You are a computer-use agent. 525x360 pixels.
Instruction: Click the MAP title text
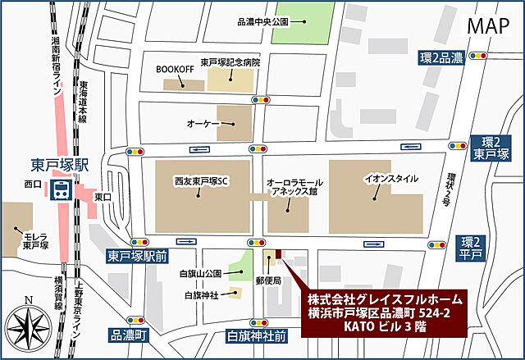pos(489,25)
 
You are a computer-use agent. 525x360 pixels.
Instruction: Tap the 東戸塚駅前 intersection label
pos(138,257)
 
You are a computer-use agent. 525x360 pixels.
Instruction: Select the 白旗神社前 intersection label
pos(257,336)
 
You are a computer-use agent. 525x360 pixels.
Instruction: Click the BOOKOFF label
pos(174,69)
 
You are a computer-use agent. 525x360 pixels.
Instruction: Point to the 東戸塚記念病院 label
pos(231,62)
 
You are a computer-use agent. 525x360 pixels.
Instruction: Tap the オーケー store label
pos(201,122)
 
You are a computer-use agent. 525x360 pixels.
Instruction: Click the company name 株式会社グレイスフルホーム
pos(384,299)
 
